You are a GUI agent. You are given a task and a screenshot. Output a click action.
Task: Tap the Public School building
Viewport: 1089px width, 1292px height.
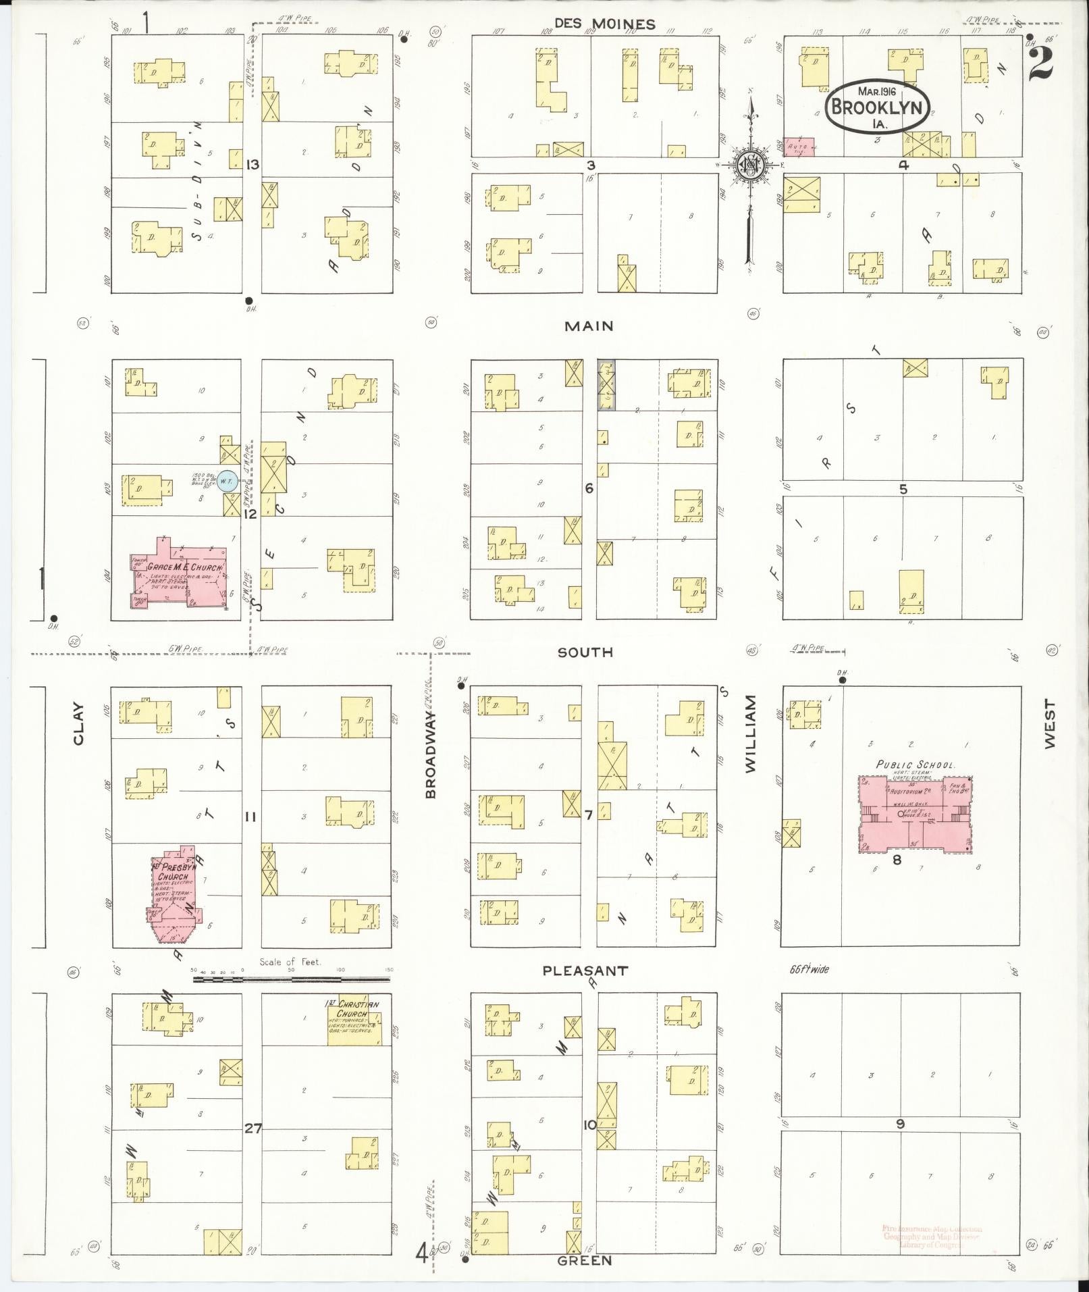point(915,814)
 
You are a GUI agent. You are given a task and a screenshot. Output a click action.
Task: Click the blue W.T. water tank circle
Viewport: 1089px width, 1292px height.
point(228,481)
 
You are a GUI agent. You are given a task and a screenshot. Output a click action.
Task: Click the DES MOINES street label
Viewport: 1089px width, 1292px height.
point(604,24)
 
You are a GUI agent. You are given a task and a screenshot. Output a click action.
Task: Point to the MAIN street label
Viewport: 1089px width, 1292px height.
point(589,326)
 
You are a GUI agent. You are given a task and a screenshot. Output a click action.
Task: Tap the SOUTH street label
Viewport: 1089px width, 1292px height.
point(585,652)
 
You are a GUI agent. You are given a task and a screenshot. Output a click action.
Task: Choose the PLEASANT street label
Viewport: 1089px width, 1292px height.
point(585,971)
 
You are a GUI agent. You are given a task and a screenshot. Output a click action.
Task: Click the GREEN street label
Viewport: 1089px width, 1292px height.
point(585,1260)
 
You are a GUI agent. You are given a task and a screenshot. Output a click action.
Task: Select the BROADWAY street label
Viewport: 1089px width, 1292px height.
point(430,755)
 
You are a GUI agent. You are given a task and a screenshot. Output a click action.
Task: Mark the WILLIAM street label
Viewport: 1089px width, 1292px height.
point(751,735)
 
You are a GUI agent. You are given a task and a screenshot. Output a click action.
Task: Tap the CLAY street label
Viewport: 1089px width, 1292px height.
point(78,724)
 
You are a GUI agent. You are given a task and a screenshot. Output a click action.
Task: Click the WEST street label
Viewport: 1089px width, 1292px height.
point(1048,723)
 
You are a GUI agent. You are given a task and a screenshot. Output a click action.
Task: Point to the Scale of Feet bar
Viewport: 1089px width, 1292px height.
point(292,978)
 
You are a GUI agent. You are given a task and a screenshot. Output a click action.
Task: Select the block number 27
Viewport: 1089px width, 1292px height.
point(253,1127)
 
